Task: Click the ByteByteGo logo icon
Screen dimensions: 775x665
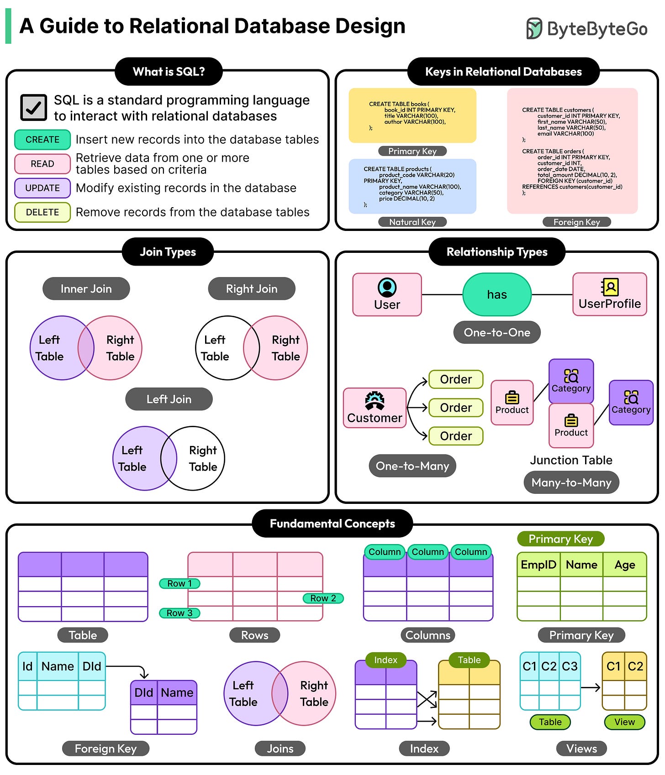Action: pyautogui.click(x=534, y=28)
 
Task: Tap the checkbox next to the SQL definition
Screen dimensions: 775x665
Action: pyautogui.click(x=33, y=107)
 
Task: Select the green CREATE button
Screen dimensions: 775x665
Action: pyautogui.click(x=42, y=140)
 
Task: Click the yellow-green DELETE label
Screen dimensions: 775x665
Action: pyautogui.click(x=42, y=212)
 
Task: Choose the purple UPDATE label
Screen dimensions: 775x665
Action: pyautogui.click(x=42, y=188)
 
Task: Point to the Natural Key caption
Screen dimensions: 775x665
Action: pyautogui.click(x=412, y=222)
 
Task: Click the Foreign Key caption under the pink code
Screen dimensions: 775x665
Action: pyautogui.click(x=576, y=222)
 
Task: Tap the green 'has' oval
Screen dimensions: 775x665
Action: pyautogui.click(x=497, y=295)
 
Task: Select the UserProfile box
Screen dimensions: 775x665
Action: pyautogui.click(x=610, y=294)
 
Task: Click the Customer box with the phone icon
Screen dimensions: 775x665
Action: pyautogui.click(x=375, y=408)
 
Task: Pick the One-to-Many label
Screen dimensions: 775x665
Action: pyautogui.click(x=412, y=466)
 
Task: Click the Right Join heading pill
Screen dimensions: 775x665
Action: pyautogui.click(x=252, y=289)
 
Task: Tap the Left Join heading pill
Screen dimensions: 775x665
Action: pyautogui.click(x=169, y=399)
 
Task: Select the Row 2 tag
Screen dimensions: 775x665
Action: pyautogui.click(x=323, y=598)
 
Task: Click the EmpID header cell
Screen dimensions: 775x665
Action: pyautogui.click(x=538, y=565)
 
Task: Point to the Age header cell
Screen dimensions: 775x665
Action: pyautogui.click(x=624, y=565)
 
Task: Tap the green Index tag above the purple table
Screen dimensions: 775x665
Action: pyautogui.click(x=385, y=660)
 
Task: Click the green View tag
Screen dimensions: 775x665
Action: pyautogui.click(x=624, y=722)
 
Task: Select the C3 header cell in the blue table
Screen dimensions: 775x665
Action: pyautogui.click(x=570, y=666)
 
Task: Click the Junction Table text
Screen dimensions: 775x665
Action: pyautogui.click(x=571, y=460)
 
